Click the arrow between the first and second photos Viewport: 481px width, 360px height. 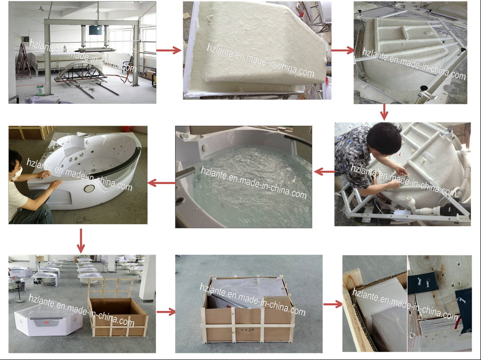(x=169, y=50)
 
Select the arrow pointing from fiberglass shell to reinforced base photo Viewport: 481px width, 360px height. (x=342, y=50)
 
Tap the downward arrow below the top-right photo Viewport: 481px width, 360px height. (x=384, y=112)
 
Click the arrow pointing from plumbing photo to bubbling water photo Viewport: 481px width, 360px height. (x=324, y=172)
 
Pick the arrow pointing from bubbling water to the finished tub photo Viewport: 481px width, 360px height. (x=161, y=183)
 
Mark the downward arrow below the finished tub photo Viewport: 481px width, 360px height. (x=81, y=241)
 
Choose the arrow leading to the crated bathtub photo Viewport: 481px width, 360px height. (x=166, y=312)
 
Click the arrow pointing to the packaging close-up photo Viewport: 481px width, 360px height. (x=333, y=304)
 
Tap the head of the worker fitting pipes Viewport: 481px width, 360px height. (x=384, y=138)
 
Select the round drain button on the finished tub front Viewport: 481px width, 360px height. (x=89, y=188)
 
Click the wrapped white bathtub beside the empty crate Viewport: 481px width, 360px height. (x=48, y=320)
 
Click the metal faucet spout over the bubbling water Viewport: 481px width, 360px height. (x=185, y=173)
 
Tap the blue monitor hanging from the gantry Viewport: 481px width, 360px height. (x=96, y=30)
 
